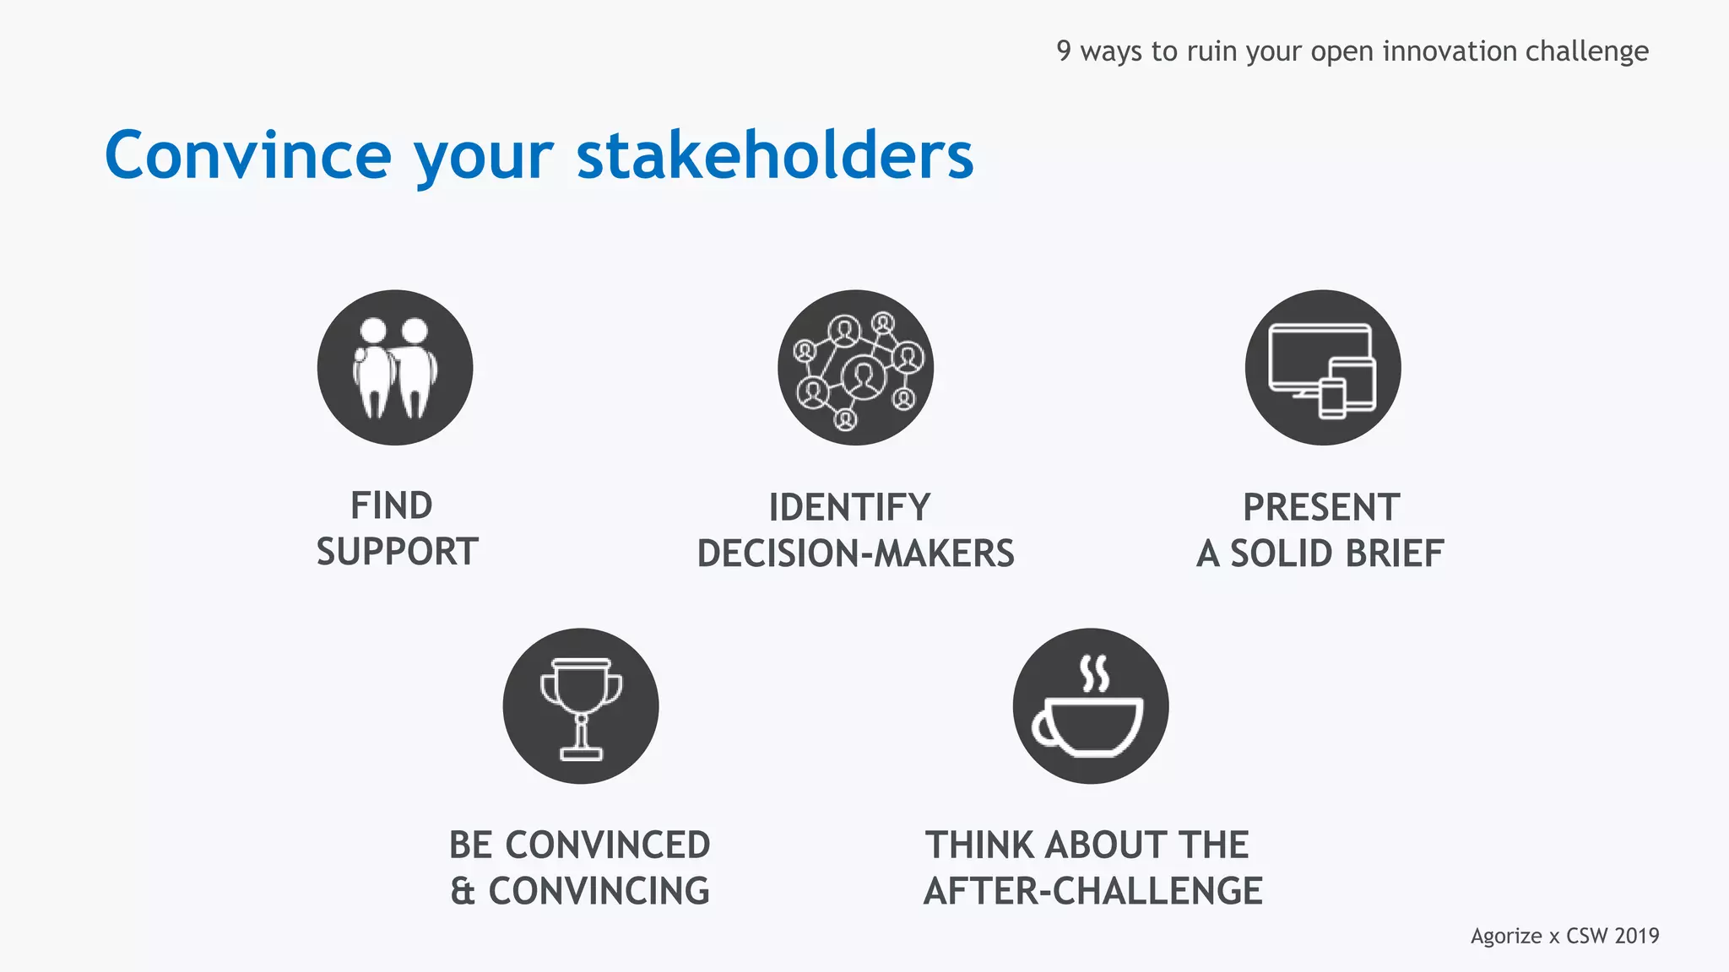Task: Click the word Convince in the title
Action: pos(247,156)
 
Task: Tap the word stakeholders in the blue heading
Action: pos(775,156)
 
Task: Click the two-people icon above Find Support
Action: pos(395,368)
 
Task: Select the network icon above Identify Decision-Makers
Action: pos(855,368)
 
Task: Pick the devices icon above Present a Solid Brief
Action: pos(1322,368)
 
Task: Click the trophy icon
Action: pos(581,706)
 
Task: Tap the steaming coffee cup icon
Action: pos(1090,706)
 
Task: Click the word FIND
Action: pos(392,506)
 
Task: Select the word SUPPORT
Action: pos(398,552)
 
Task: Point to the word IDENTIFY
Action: pos(849,508)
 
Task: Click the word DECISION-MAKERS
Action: pos(855,553)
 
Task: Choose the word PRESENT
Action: pos(1321,508)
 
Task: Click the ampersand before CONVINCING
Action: pos(463,892)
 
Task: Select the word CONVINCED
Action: pos(608,845)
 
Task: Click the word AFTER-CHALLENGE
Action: pos(1093,892)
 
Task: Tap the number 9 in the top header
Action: pos(1064,51)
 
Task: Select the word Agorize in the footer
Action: pos(1506,937)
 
